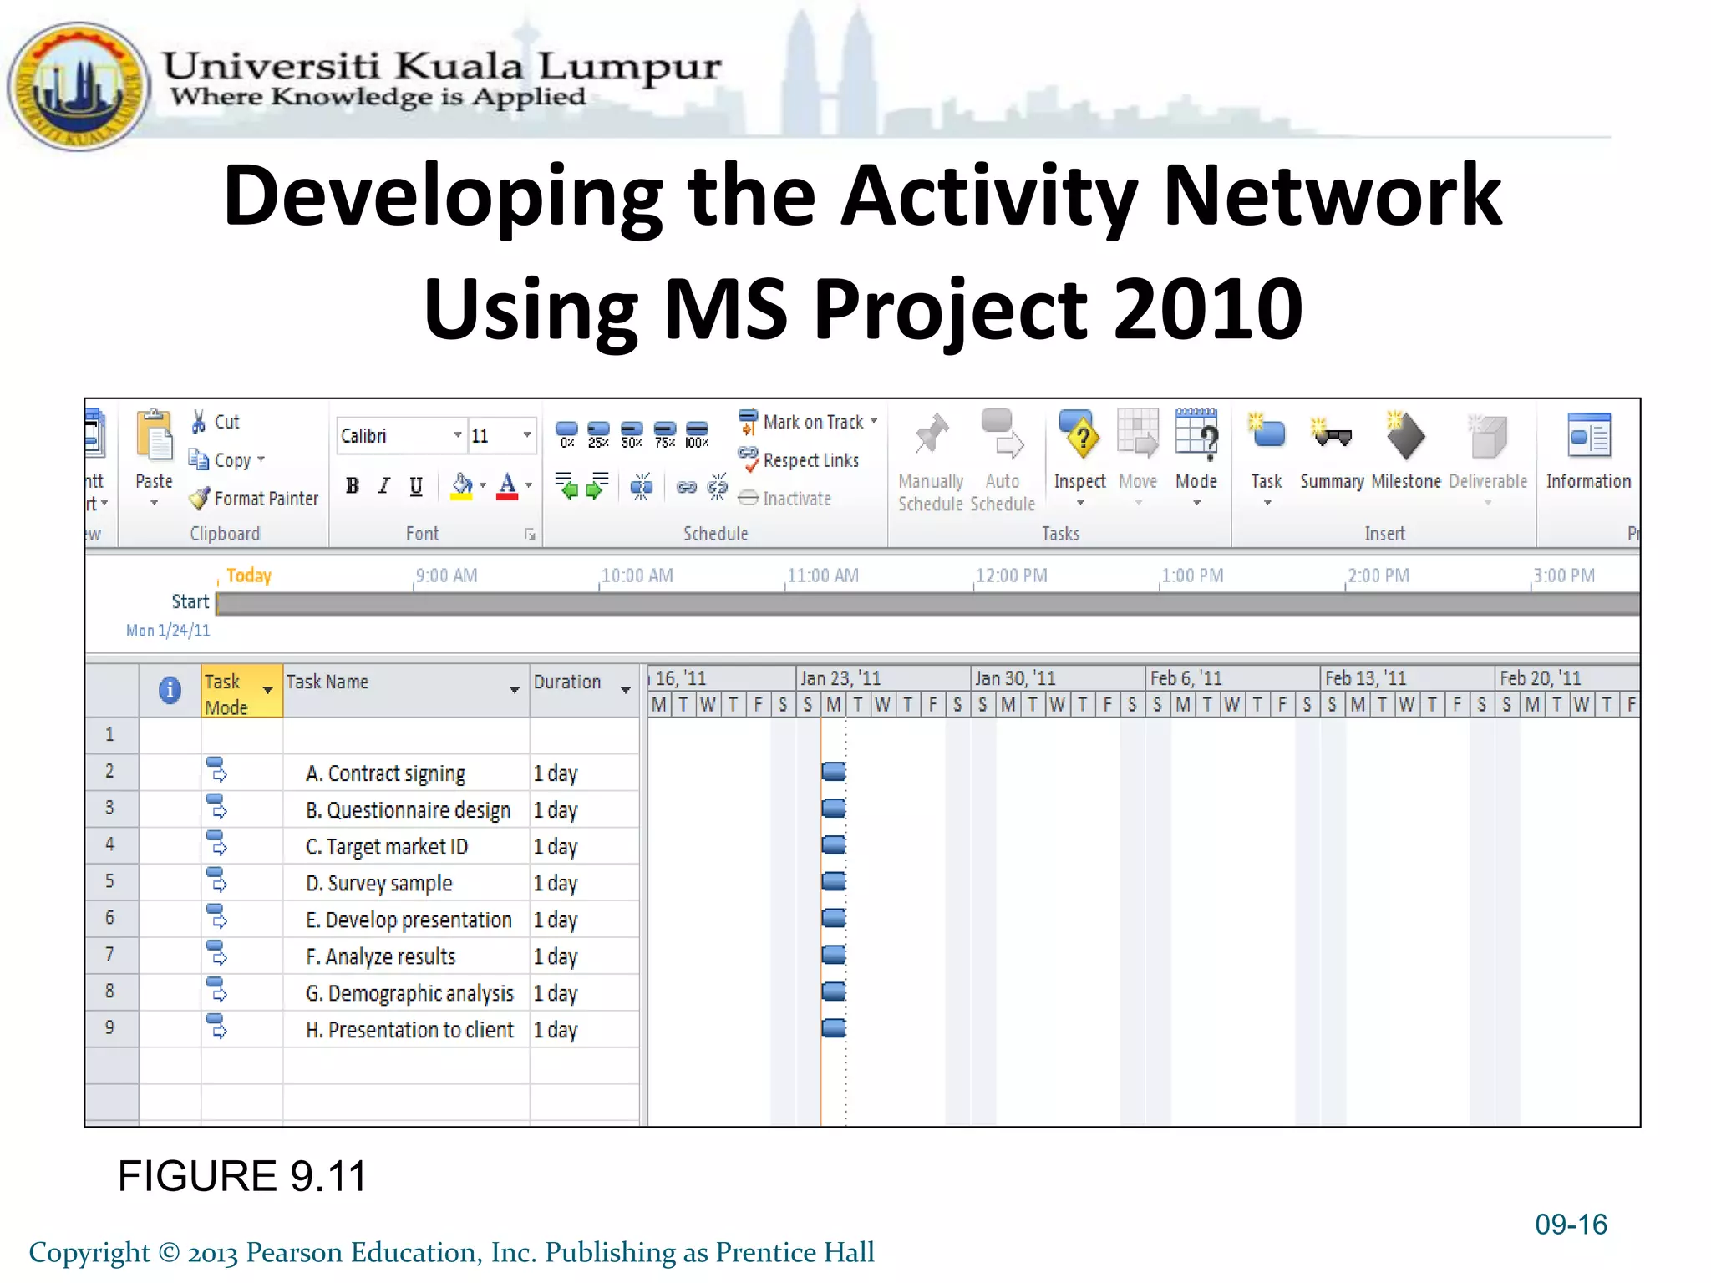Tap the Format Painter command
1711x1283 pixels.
tap(255, 499)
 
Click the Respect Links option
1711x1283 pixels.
tap(800, 460)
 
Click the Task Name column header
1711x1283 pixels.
tap(328, 682)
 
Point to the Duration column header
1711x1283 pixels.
tap(568, 682)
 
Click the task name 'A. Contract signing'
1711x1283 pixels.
tap(385, 773)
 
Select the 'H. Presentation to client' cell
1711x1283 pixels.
tap(409, 1030)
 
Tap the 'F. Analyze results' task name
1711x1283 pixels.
tap(380, 956)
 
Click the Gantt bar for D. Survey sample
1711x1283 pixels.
tap(834, 881)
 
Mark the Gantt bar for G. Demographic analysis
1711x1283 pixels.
tap(834, 991)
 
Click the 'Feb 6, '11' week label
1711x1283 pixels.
tap(1186, 678)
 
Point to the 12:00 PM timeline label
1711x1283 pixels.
tap(1012, 576)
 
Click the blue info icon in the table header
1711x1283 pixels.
tap(170, 690)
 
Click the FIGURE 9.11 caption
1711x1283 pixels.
tap(242, 1176)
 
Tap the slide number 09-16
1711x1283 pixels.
tap(1571, 1224)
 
